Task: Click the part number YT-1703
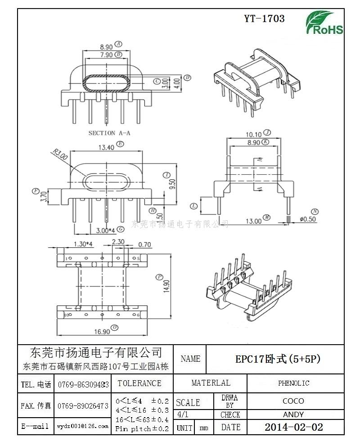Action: point(264,18)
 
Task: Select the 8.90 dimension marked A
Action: point(106,46)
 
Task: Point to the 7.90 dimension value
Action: point(106,55)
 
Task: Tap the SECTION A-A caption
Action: point(109,133)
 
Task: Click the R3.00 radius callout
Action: point(60,154)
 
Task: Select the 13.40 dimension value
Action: point(106,147)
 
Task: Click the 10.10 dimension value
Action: point(253,134)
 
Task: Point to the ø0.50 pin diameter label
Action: point(309,219)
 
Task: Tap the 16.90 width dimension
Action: point(102,332)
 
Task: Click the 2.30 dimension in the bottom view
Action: point(118,242)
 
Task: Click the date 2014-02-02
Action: point(293,427)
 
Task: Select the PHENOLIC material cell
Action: point(293,383)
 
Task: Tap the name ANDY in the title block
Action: point(293,414)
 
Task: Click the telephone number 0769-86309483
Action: point(83,384)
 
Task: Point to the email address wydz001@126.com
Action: point(82,426)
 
